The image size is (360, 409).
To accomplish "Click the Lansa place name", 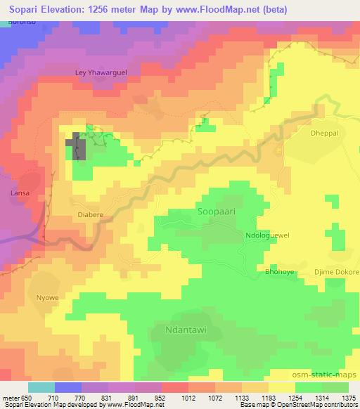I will tap(18, 190).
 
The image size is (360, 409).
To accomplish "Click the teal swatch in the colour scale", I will tap(41, 387).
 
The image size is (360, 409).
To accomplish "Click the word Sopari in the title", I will tap(27, 8).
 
